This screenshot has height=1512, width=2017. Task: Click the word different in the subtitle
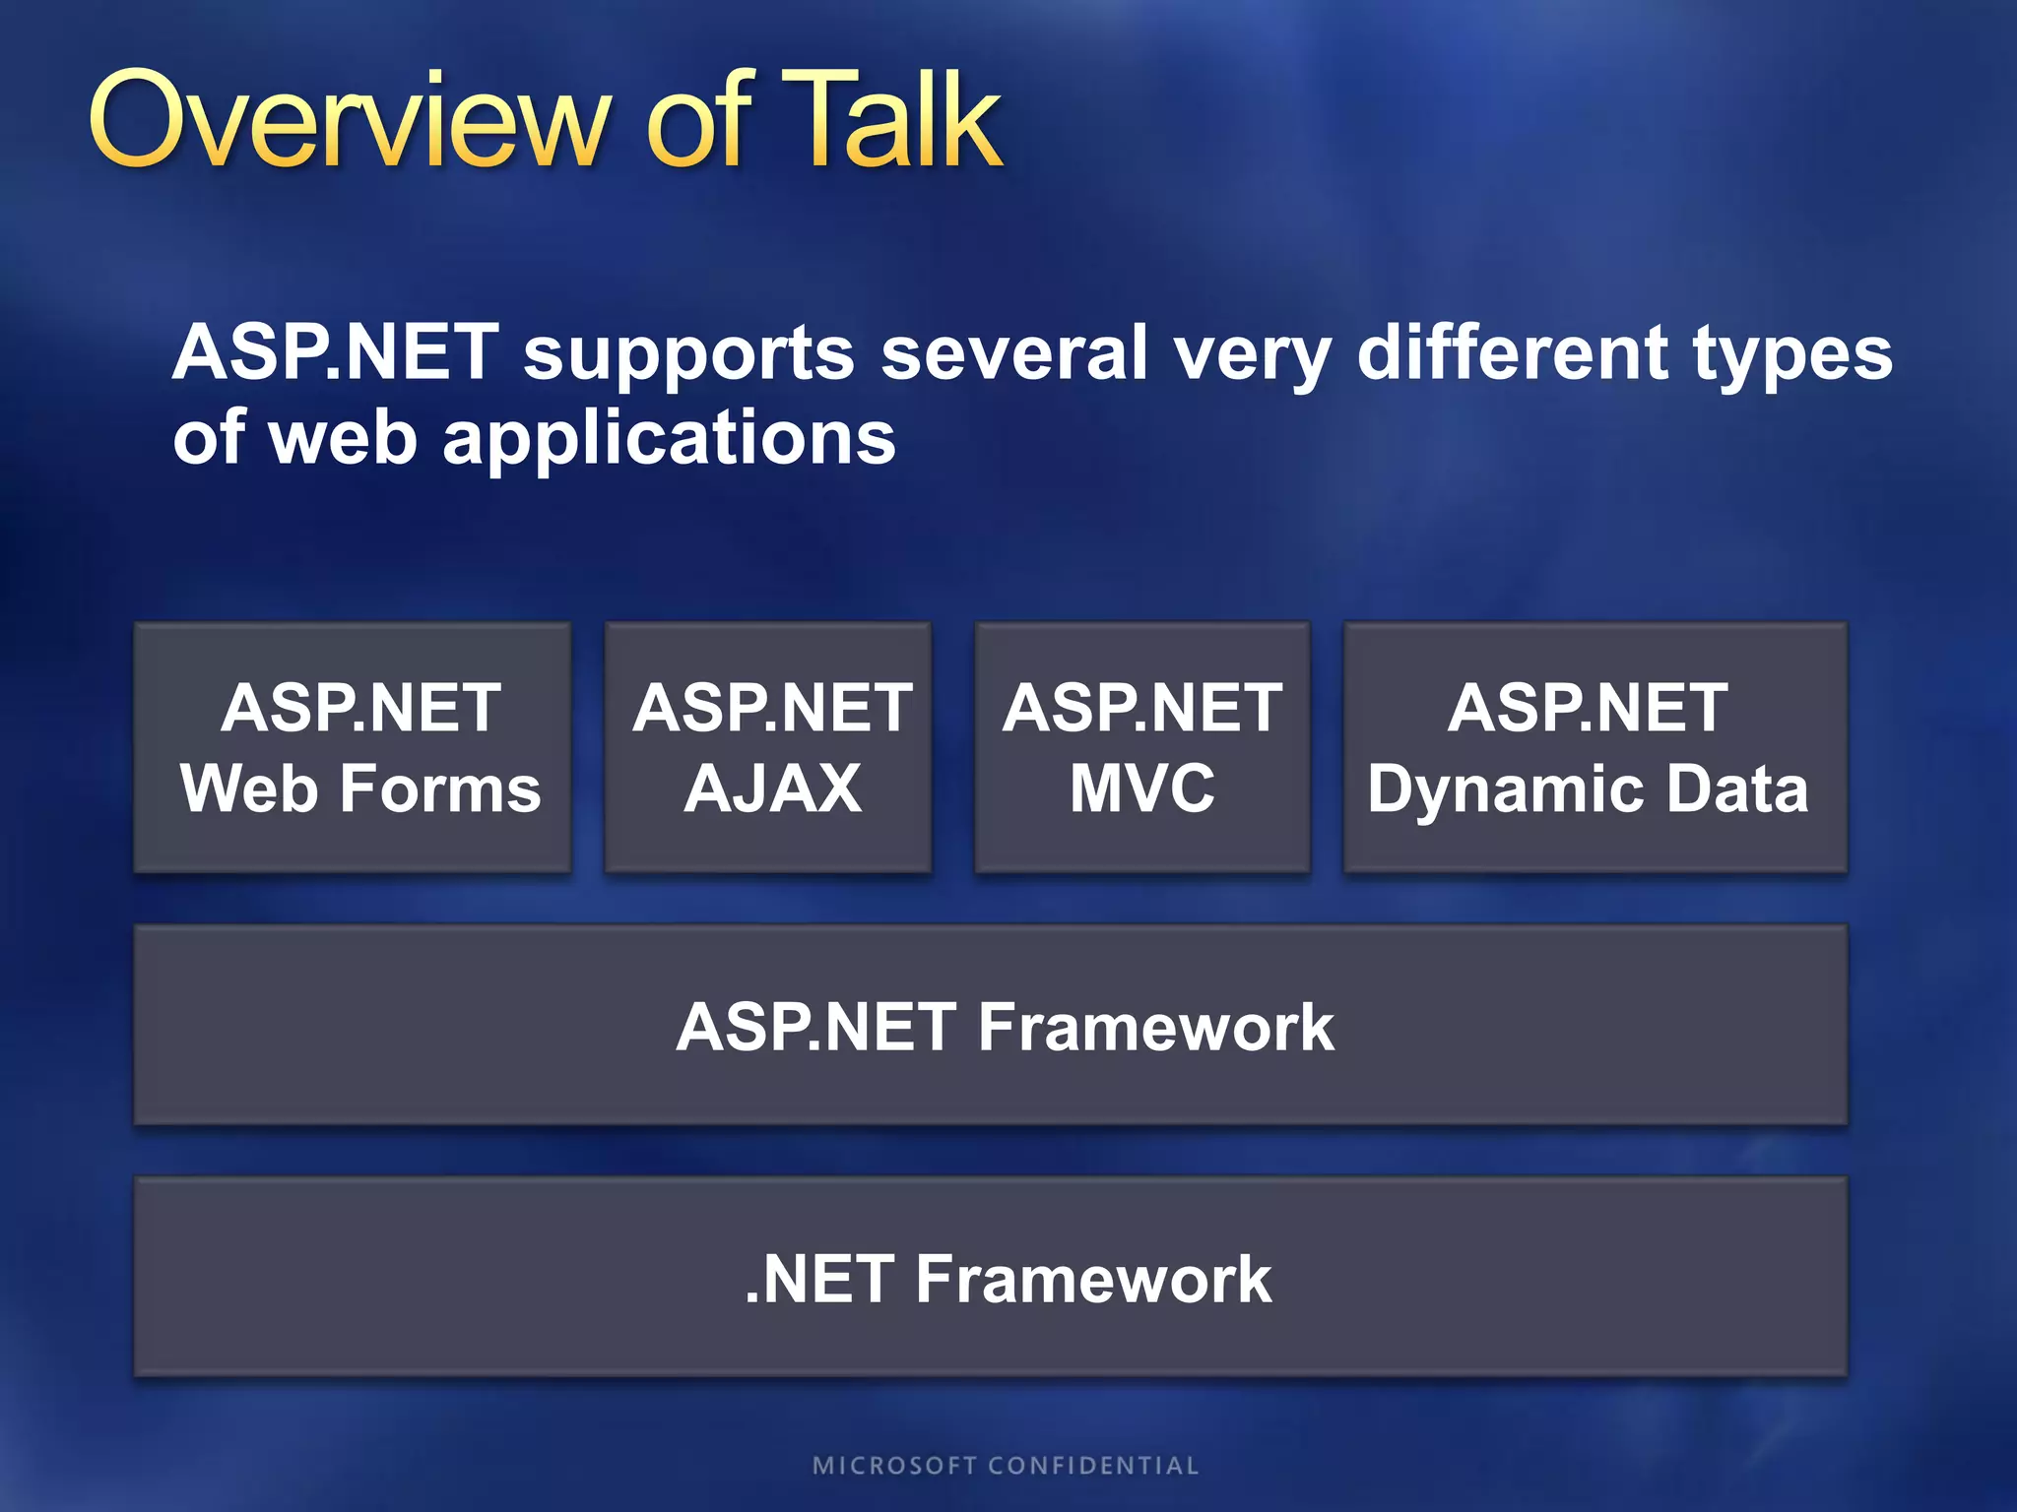(x=1512, y=352)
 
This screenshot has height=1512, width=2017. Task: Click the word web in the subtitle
(x=343, y=438)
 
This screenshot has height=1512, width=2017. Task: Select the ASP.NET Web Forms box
(x=353, y=747)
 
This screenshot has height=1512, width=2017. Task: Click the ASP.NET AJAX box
(x=768, y=747)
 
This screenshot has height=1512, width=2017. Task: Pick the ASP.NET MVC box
(x=1141, y=747)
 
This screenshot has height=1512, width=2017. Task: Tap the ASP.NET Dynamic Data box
(x=1594, y=747)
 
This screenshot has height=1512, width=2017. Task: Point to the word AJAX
(x=772, y=789)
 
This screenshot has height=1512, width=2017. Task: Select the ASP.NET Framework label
(x=1005, y=1027)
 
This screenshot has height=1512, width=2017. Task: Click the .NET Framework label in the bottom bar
(x=1007, y=1279)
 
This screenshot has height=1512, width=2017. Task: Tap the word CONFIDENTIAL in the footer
(x=1093, y=1466)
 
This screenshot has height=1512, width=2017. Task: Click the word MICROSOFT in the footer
(x=894, y=1466)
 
